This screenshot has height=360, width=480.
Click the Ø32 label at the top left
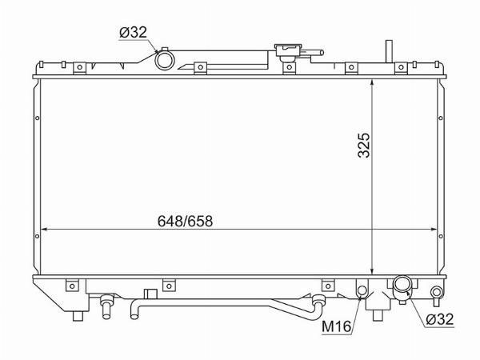133,33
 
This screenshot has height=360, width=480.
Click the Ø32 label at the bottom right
439,319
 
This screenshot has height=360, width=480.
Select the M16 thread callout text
336,326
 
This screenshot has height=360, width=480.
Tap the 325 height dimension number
364,145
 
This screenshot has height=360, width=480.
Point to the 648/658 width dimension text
185,221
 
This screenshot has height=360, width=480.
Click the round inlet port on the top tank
165,60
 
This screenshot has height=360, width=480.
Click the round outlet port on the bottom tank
402,284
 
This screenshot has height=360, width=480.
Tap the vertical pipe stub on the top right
389,51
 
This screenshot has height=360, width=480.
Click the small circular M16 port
362,290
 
